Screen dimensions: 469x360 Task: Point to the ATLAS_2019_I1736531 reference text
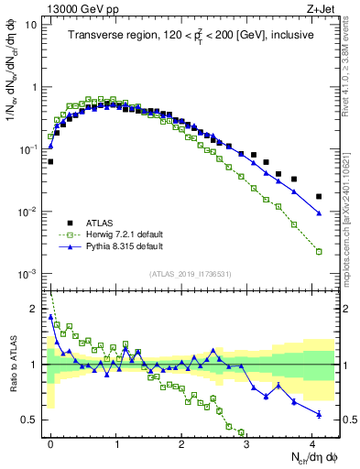point(191,275)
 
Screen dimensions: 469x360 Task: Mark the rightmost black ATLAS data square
point(319,196)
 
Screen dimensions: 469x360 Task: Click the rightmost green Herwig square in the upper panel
point(319,251)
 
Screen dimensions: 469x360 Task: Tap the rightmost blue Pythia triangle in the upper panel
point(319,213)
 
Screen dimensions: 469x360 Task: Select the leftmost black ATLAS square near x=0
point(50,161)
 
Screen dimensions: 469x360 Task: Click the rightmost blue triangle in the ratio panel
point(319,414)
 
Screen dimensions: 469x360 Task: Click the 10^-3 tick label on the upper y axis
point(30,275)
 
